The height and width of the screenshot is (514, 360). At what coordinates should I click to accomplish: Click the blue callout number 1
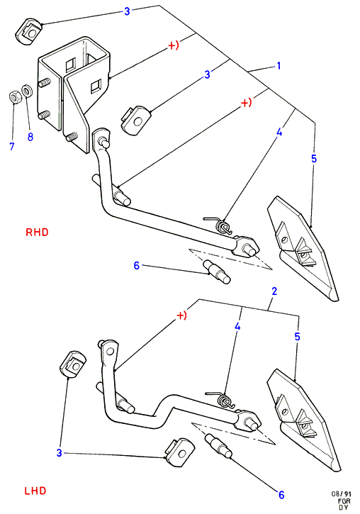click(x=279, y=66)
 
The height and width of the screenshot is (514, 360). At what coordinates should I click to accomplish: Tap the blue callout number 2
click(x=274, y=291)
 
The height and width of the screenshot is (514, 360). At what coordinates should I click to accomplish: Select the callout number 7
click(x=12, y=146)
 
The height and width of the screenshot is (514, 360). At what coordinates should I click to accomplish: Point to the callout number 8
click(x=30, y=137)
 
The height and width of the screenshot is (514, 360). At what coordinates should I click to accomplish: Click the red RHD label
click(x=37, y=233)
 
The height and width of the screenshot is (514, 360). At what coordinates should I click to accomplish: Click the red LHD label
click(x=35, y=491)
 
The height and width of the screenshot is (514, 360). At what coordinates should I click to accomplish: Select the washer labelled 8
click(x=26, y=91)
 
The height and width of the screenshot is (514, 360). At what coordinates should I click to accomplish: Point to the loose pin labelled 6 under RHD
click(x=217, y=272)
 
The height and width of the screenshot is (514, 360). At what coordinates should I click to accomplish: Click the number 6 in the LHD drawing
click(x=281, y=495)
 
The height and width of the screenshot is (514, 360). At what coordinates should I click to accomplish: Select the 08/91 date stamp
click(x=341, y=494)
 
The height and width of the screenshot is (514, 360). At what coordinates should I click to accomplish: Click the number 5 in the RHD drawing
click(x=314, y=159)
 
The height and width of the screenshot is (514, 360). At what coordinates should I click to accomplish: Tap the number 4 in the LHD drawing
click(x=237, y=326)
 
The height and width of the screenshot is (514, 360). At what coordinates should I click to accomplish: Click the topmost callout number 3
click(x=127, y=11)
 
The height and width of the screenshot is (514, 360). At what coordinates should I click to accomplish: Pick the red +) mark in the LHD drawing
click(x=182, y=315)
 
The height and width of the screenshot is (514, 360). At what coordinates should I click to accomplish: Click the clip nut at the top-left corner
click(x=28, y=30)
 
